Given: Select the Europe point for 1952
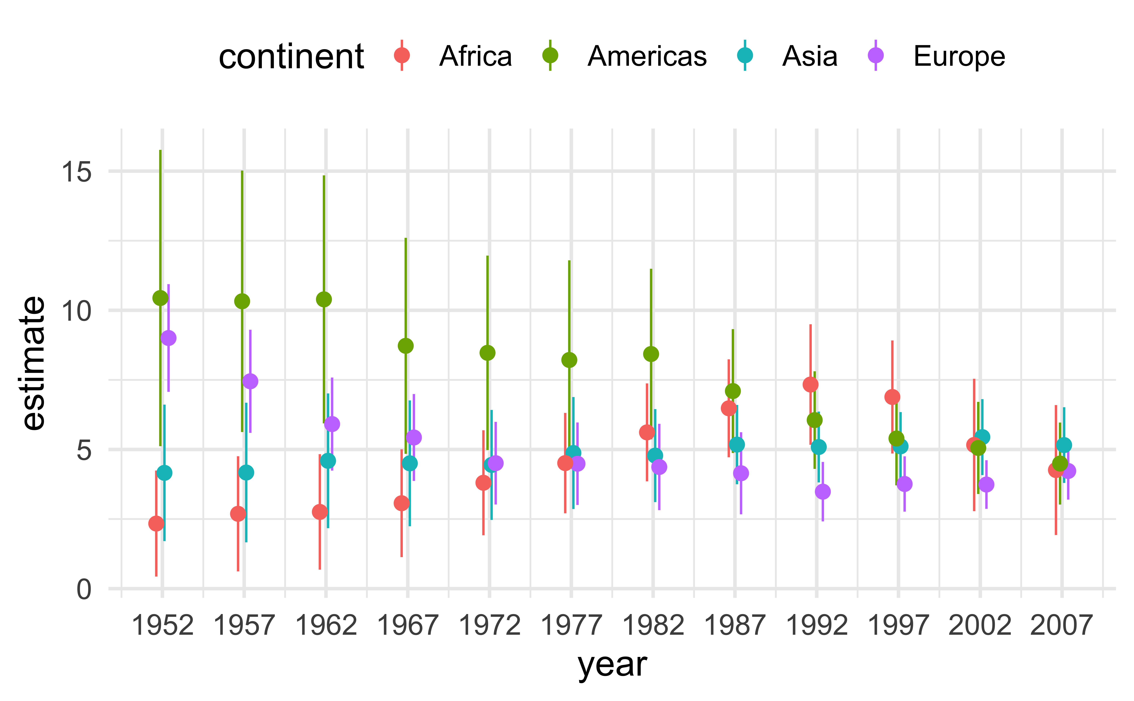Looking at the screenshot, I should [x=168, y=338].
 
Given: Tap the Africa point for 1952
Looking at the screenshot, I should [x=156, y=523].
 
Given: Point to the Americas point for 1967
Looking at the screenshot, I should [x=406, y=346].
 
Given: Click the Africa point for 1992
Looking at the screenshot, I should [x=811, y=384].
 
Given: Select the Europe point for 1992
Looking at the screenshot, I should [x=823, y=491].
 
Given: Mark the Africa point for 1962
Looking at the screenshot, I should [x=320, y=512].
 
